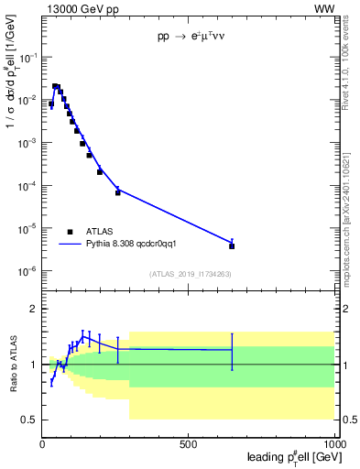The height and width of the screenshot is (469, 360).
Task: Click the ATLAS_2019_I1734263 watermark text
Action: (x=190, y=274)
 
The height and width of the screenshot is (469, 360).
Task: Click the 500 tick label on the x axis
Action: (x=189, y=443)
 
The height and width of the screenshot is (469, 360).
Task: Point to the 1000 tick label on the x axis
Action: (x=333, y=443)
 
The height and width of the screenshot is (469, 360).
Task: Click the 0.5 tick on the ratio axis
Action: (x=30, y=420)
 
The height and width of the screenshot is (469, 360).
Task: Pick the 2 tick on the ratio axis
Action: (x=34, y=309)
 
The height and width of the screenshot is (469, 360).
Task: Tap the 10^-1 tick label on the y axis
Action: (x=27, y=57)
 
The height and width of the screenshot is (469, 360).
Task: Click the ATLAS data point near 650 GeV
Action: (x=232, y=245)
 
